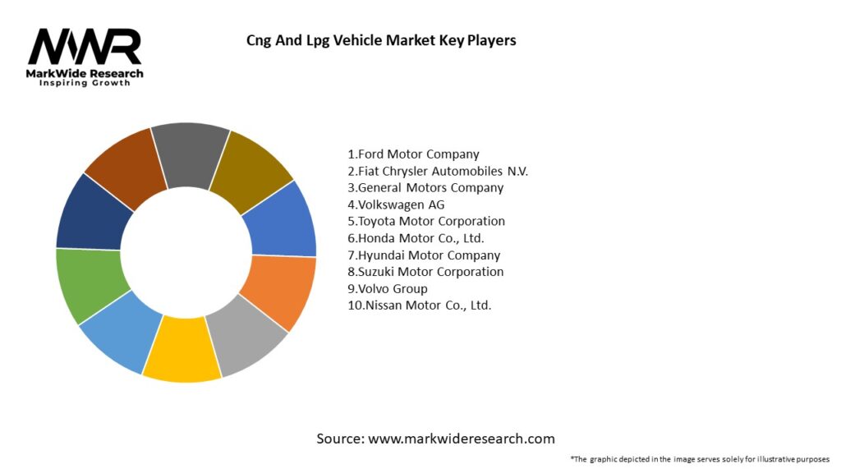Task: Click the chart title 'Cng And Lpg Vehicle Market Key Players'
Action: (x=381, y=39)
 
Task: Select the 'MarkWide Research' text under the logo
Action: (x=85, y=74)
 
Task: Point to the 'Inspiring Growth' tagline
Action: (x=85, y=84)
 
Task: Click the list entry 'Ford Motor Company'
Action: (x=414, y=154)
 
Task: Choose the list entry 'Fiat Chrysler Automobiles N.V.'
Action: (x=439, y=171)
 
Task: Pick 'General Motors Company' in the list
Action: (x=426, y=187)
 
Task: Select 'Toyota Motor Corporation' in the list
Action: (x=427, y=221)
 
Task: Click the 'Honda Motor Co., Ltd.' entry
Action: (x=416, y=238)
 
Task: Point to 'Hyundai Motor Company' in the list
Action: (x=425, y=255)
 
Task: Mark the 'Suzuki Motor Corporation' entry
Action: (x=426, y=272)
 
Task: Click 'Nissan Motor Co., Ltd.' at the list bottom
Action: (x=420, y=305)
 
